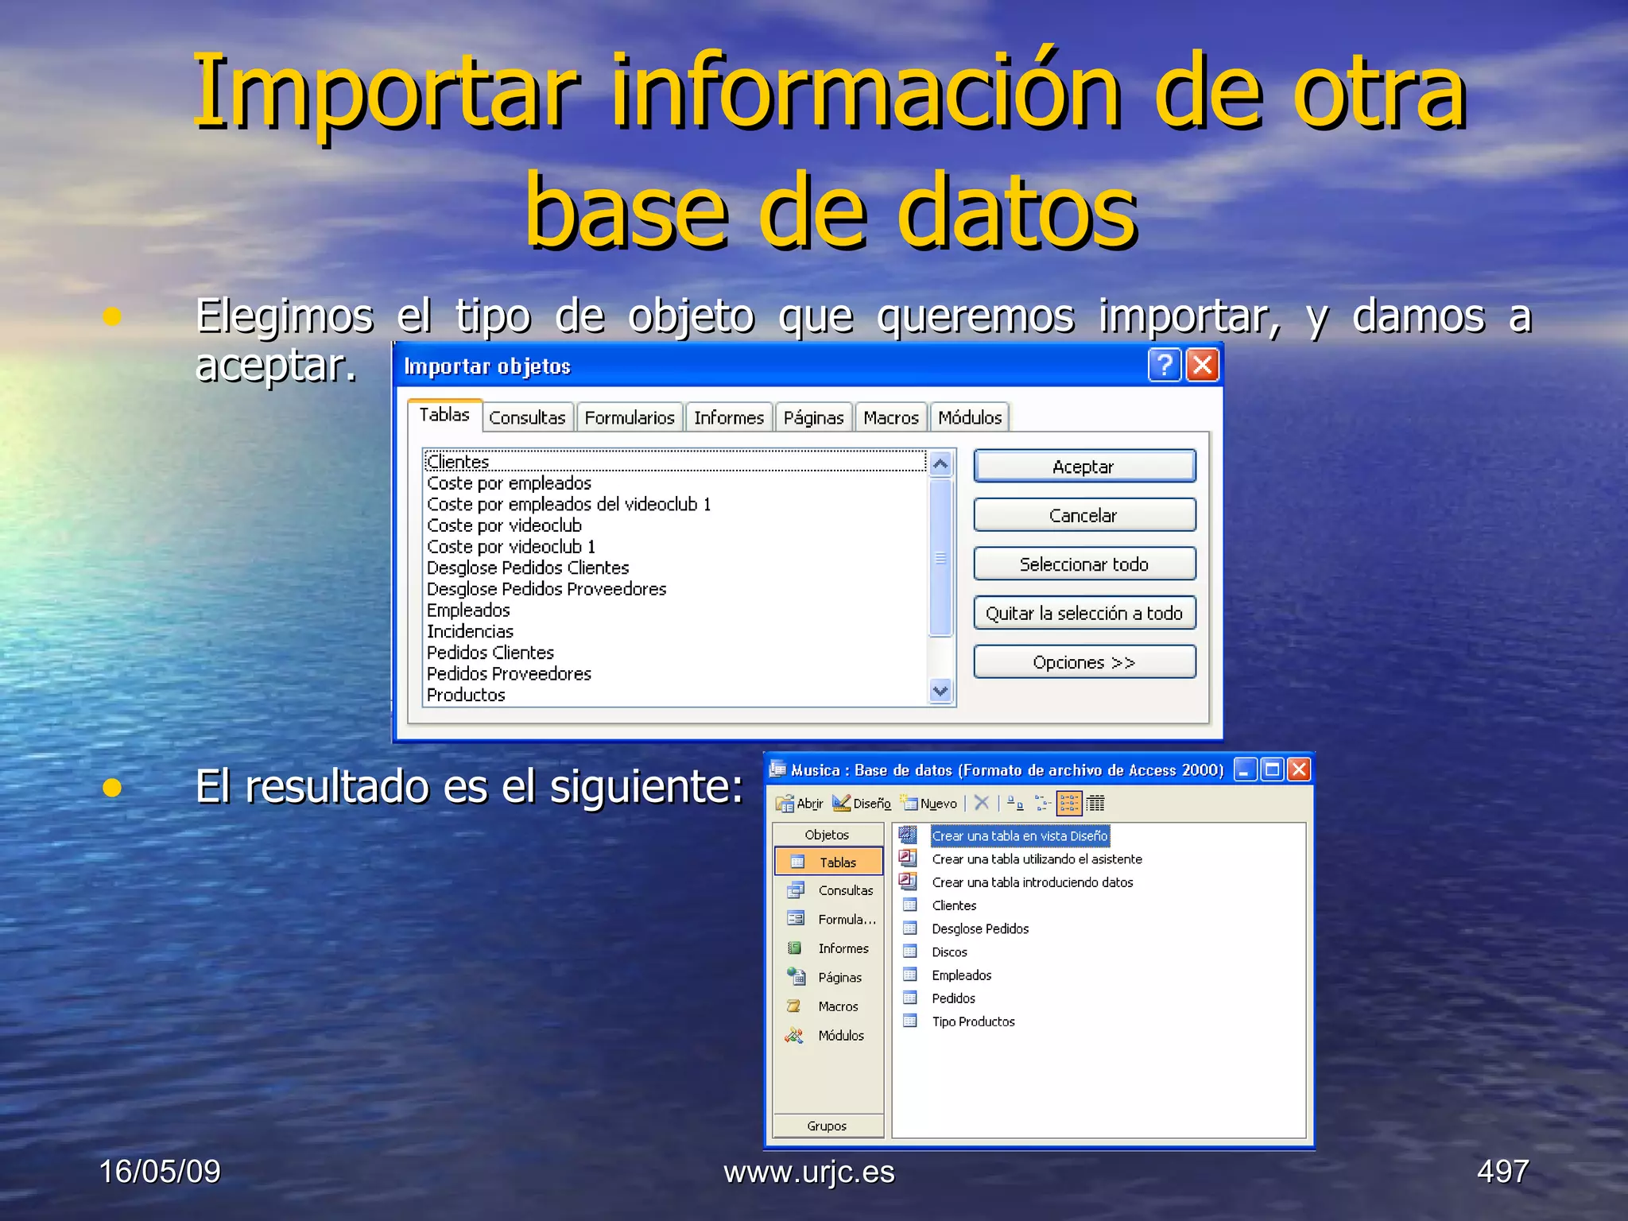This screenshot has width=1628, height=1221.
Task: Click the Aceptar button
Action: (x=1083, y=467)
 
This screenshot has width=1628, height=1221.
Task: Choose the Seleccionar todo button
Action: (x=1083, y=564)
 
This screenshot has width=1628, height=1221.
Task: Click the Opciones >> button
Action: (x=1083, y=662)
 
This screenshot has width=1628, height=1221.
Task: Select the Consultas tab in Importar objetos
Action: (x=527, y=417)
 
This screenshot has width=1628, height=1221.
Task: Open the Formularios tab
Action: (x=629, y=417)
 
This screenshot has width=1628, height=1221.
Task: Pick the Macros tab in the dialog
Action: (x=890, y=417)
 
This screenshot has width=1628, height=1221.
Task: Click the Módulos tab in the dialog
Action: (x=969, y=417)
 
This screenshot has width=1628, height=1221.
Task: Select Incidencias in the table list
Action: (x=470, y=632)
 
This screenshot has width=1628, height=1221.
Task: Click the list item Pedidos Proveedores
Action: (x=509, y=674)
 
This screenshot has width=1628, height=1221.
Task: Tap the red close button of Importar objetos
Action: (x=1202, y=366)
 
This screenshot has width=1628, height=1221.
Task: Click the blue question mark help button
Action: (x=1165, y=366)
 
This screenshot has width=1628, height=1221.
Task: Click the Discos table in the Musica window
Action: (x=949, y=952)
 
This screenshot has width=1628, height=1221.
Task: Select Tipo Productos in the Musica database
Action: (x=973, y=1021)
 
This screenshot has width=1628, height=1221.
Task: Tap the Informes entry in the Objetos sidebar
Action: (x=843, y=948)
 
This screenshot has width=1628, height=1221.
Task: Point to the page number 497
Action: (x=1502, y=1171)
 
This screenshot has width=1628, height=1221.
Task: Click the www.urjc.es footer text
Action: (x=808, y=1172)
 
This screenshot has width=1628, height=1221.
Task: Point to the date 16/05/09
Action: (x=160, y=1171)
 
